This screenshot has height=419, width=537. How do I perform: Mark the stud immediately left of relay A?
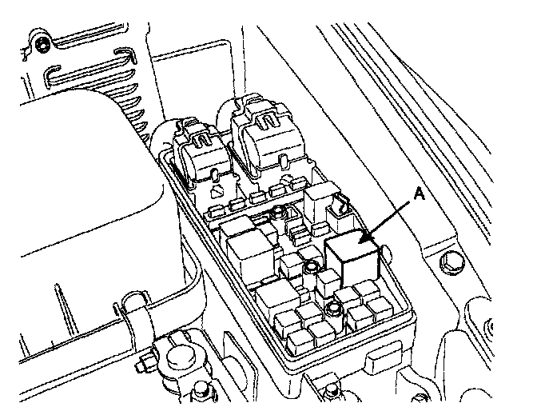click(x=308, y=268)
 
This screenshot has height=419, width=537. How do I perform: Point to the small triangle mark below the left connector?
click(x=217, y=194)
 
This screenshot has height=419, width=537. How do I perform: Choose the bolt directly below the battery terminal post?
click(x=200, y=392)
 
